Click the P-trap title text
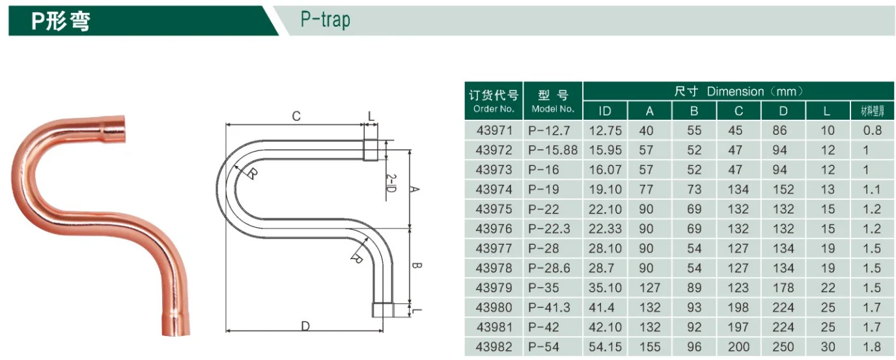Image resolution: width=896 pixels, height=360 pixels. click(325, 20)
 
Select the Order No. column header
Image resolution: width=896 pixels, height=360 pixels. click(494, 101)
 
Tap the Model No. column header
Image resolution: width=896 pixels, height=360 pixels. click(553, 101)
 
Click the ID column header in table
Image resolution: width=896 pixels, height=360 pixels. click(605, 111)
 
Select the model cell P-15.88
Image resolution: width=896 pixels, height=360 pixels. click(553, 150)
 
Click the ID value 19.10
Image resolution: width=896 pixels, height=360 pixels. click(605, 189)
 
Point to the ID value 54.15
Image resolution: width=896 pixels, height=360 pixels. click(605, 347)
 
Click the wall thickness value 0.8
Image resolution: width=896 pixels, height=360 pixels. click(872, 130)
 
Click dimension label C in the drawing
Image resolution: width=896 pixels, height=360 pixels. click(296, 117)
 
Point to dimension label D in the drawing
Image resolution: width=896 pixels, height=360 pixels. click(305, 325)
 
